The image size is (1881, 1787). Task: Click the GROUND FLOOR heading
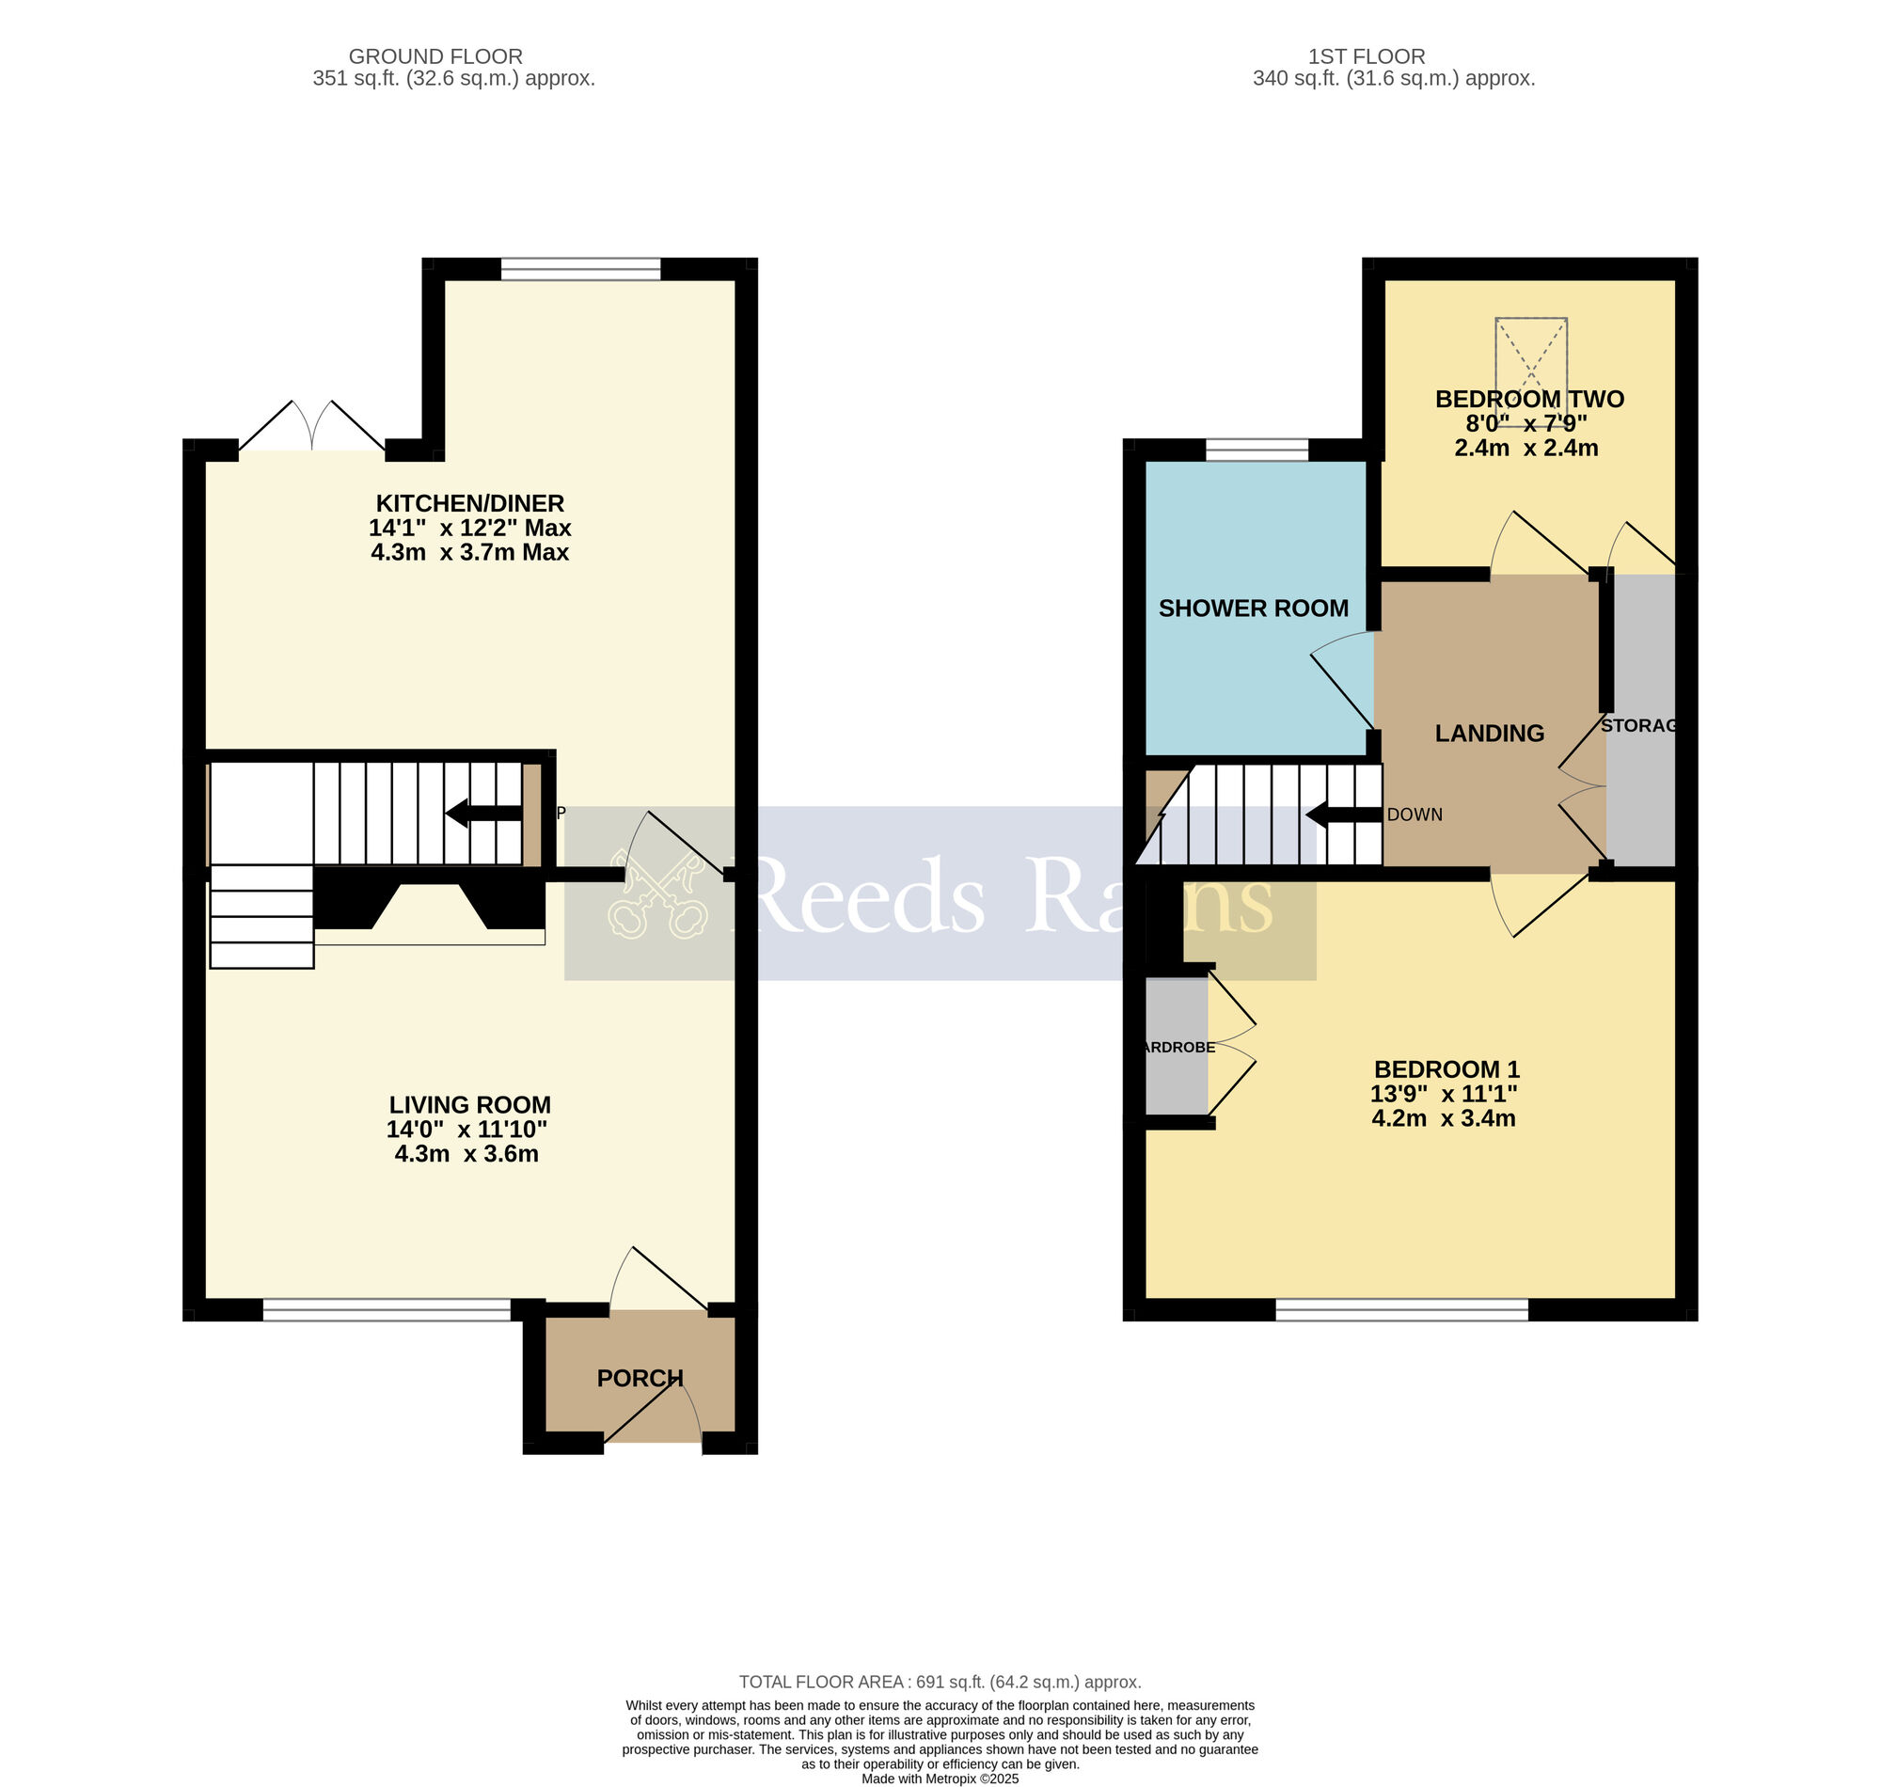[435, 56]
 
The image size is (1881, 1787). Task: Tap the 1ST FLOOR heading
[1366, 56]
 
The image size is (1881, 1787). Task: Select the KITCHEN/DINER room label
[469, 503]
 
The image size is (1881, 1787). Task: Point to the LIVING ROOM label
[469, 1104]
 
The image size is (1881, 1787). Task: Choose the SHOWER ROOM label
[1253, 608]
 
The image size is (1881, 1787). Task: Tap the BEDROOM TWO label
[1528, 399]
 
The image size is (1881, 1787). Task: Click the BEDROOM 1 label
[1446, 1068]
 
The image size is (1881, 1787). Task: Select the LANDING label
[1489, 733]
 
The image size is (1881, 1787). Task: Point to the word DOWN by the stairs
[1415, 814]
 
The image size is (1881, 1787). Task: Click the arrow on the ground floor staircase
[482, 813]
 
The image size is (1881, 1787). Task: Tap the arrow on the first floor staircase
[1343, 814]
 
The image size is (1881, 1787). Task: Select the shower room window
[1257, 450]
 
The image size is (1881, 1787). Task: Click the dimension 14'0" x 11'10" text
[466, 1129]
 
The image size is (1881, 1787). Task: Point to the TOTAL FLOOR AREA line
[939, 1683]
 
